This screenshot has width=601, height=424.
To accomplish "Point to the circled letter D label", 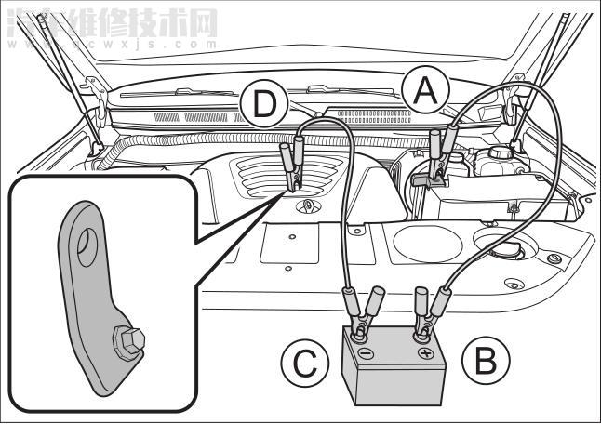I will coord(265,106).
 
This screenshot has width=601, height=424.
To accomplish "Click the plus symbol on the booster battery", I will coord(425,353).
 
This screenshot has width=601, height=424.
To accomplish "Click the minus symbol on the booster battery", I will coord(365,354).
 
